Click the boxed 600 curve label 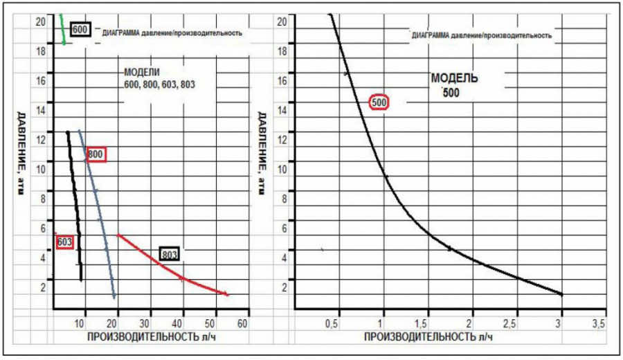(80, 30)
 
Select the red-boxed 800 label (96, 154)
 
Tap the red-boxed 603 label (65, 242)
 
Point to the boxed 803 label (170, 254)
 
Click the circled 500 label (379, 102)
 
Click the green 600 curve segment (63, 29)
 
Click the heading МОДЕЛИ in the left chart (142, 72)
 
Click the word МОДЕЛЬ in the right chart (454, 78)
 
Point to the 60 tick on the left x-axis (242, 323)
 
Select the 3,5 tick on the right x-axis (598, 323)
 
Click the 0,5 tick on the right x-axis (332, 323)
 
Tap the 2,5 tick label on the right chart (509, 323)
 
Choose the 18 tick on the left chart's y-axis (41, 51)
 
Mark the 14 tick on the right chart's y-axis (282, 110)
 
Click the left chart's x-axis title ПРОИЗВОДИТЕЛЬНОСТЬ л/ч (152, 337)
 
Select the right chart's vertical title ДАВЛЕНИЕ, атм (262, 154)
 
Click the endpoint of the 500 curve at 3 (561, 294)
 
